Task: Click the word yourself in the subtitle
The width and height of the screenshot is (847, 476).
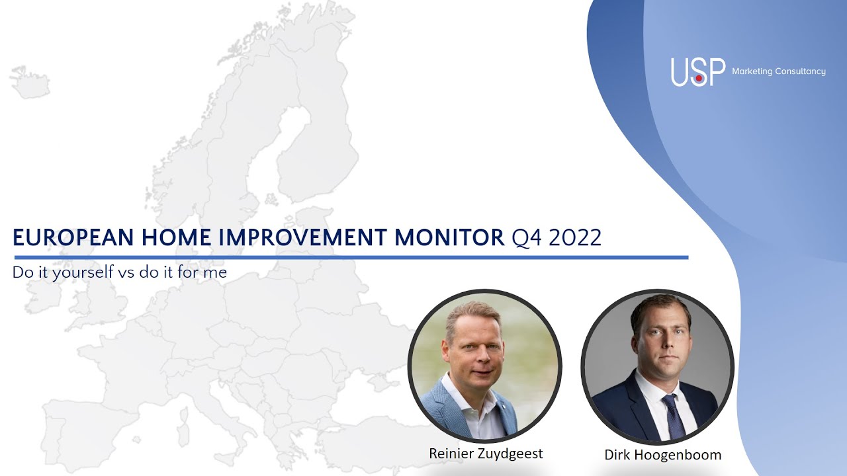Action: pos(82,272)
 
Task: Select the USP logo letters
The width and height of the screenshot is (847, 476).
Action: pos(697,72)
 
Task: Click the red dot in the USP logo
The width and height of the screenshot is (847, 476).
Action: pos(699,78)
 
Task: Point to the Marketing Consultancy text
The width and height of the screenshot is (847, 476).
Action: pos(779,71)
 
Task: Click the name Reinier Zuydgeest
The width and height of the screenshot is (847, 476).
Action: pos(486,454)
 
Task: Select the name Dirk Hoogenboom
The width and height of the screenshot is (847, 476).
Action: pos(662,455)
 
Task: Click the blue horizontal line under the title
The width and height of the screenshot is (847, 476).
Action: pos(351,257)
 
